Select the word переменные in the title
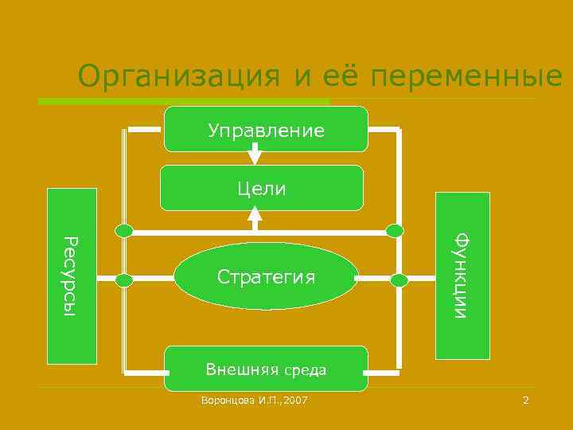pyautogui.click(x=466, y=77)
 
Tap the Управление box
pyautogui.click(x=266, y=129)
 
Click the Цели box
pyautogui.click(x=262, y=188)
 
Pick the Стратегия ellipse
pyautogui.click(x=266, y=276)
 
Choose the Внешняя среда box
pyautogui.click(x=266, y=369)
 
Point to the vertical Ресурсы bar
pyautogui.click(x=72, y=276)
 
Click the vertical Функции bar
pyautogui.click(x=462, y=276)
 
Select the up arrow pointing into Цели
pyautogui.click(x=255, y=213)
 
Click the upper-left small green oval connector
pyautogui.click(x=124, y=231)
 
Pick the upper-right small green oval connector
pyautogui.click(x=395, y=231)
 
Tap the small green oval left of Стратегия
pyautogui.click(x=124, y=279)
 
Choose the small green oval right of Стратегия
pyautogui.click(x=399, y=279)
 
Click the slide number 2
pyautogui.click(x=525, y=400)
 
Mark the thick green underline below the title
pyautogui.click(x=183, y=102)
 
